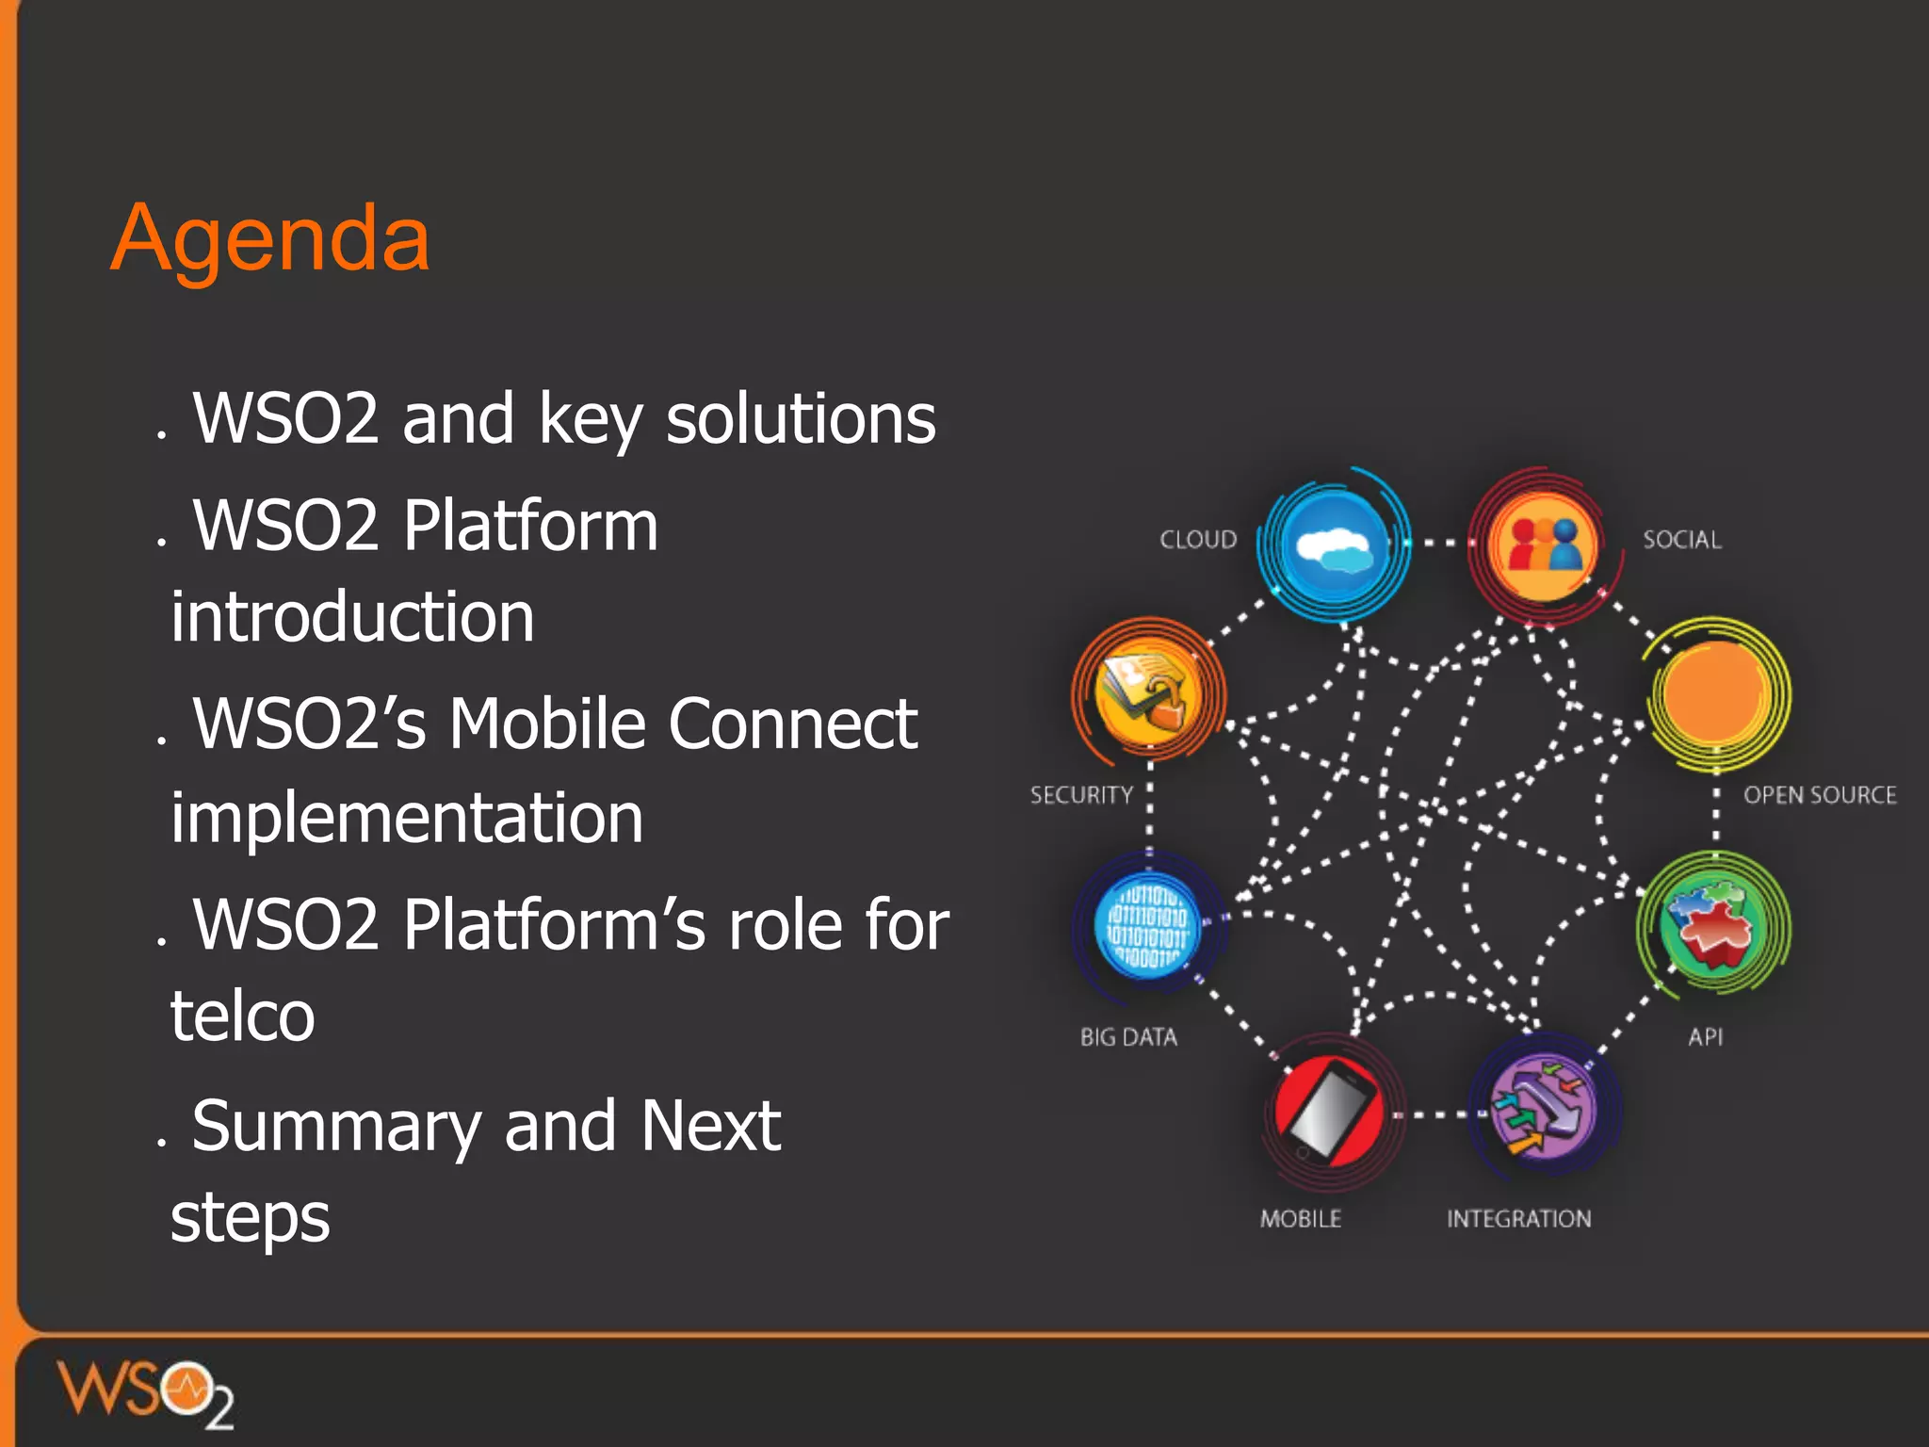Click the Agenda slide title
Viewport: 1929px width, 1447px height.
pyautogui.click(x=270, y=239)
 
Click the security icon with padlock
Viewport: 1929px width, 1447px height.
pyautogui.click(x=1147, y=693)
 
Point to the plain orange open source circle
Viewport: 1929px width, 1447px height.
pyautogui.click(x=1715, y=693)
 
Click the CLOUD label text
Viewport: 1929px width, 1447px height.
pyautogui.click(x=1197, y=540)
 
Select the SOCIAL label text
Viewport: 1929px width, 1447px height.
pyautogui.click(x=1681, y=540)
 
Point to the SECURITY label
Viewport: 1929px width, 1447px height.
pyautogui.click(x=1081, y=795)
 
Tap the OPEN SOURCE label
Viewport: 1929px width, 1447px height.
pyautogui.click(x=1819, y=795)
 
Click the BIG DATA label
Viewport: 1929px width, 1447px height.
pyautogui.click(x=1128, y=1037)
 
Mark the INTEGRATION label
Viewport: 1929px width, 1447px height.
pyautogui.click(x=1518, y=1219)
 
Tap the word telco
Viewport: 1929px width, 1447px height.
pyautogui.click(x=242, y=1016)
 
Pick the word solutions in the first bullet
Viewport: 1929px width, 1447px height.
pyautogui.click(x=801, y=419)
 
